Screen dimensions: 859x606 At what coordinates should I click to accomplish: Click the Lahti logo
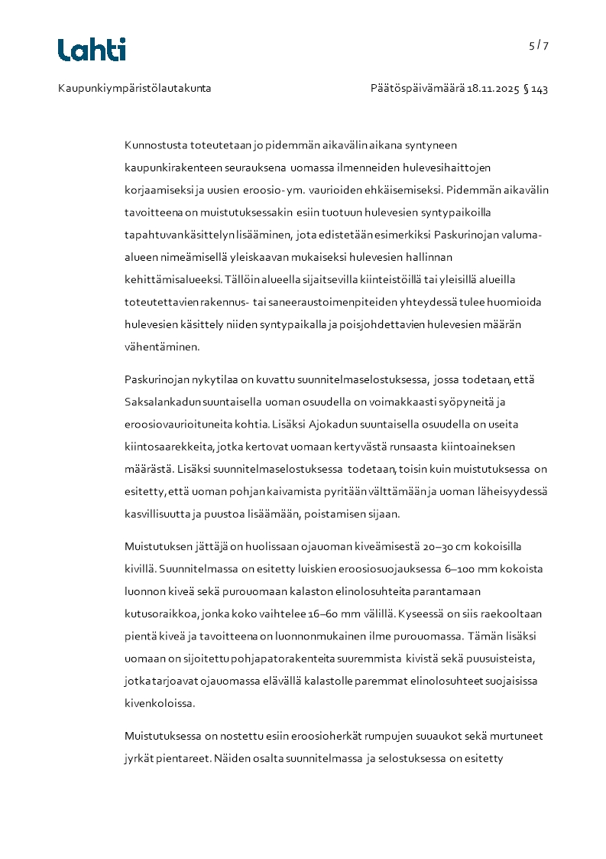coord(92,50)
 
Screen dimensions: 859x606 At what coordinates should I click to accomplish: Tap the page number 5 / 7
coord(539,45)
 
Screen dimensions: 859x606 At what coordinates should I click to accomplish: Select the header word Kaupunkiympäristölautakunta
coord(134,89)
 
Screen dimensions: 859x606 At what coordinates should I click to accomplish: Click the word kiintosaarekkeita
coord(169,446)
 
